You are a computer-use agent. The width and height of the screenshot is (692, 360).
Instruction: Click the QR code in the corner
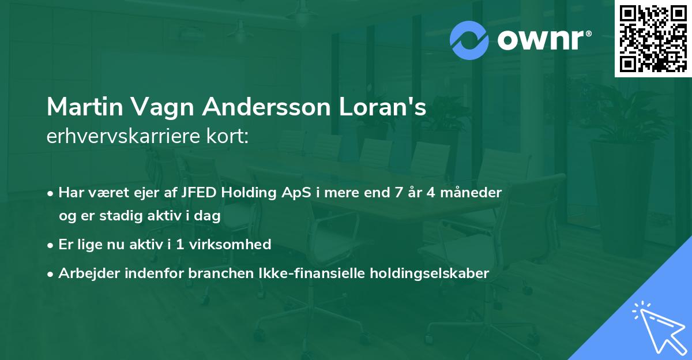coord(653,38)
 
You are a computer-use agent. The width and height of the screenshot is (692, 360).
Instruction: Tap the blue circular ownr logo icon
coord(469,40)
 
